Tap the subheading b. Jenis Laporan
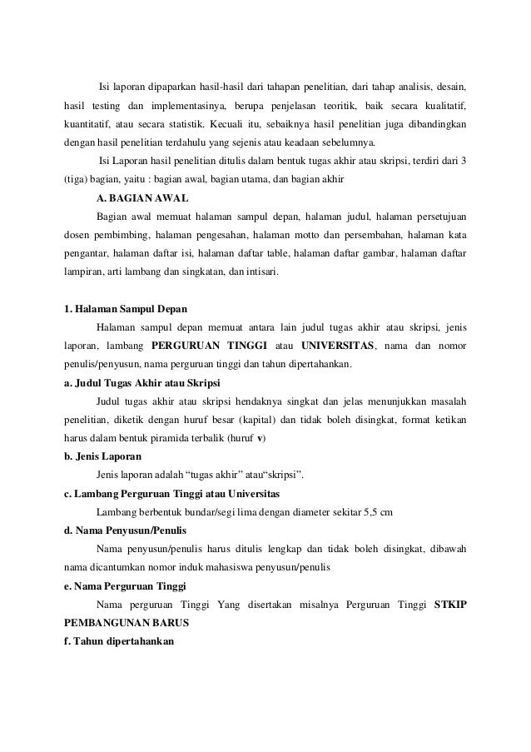click(x=103, y=457)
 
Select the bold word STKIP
click(x=450, y=604)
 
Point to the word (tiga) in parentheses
click(x=77, y=179)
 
